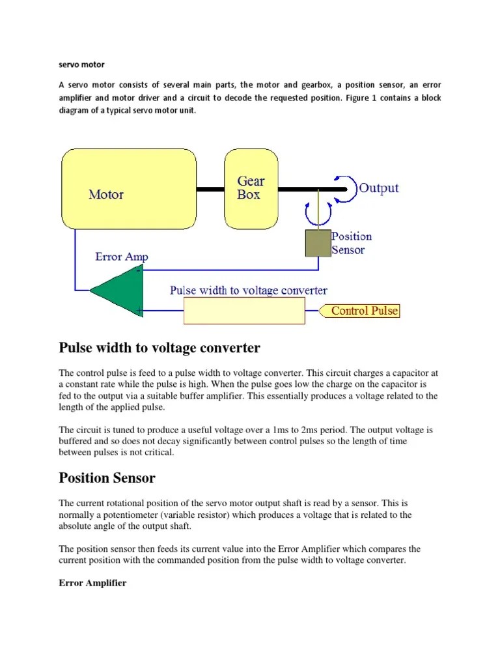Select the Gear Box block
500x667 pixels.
tap(251, 188)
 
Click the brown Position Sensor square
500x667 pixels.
tap(318, 243)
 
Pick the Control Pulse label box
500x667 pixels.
tap(364, 311)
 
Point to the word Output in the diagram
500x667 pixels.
tap(379, 188)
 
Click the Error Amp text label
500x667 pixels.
tap(122, 257)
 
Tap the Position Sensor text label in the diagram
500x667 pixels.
tap(352, 243)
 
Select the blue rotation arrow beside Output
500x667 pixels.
tap(346, 187)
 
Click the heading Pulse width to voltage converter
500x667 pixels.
tap(160, 348)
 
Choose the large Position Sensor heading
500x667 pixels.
tap(107, 477)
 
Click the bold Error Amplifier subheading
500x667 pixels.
tap(92, 583)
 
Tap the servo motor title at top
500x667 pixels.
tap(81, 64)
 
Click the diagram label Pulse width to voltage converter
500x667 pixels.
tap(249, 291)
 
